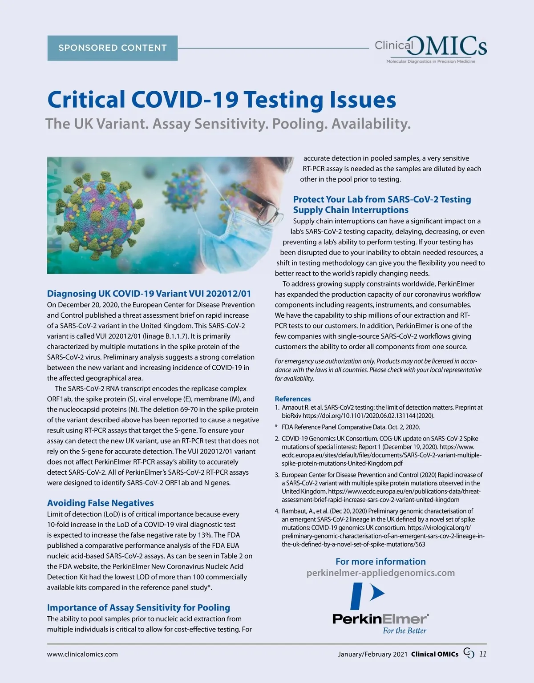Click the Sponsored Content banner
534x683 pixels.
pyautogui.click(x=113, y=48)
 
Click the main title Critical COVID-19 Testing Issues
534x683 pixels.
pyautogui.click(x=222, y=99)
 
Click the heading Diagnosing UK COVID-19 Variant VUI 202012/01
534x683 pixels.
pyautogui.click(x=149, y=294)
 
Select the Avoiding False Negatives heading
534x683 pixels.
pyautogui.click(x=101, y=503)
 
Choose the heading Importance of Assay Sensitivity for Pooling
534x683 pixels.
pyautogui.click(x=138, y=607)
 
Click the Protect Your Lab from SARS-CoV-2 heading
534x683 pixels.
pyautogui.click(x=382, y=204)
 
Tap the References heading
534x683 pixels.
pyautogui.click(x=293, y=399)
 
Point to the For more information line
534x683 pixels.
pyautogui.click(x=380, y=562)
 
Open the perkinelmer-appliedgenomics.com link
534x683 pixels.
pyautogui.click(x=380, y=573)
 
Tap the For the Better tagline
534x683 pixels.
pyautogui.click(x=404, y=630)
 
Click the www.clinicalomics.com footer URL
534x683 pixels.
pyautogui.click(x=83, y=654)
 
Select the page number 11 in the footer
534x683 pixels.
pyautogui.click(x=482, y=654)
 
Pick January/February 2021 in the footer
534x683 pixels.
pyautogui.click(x=372, y=654)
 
